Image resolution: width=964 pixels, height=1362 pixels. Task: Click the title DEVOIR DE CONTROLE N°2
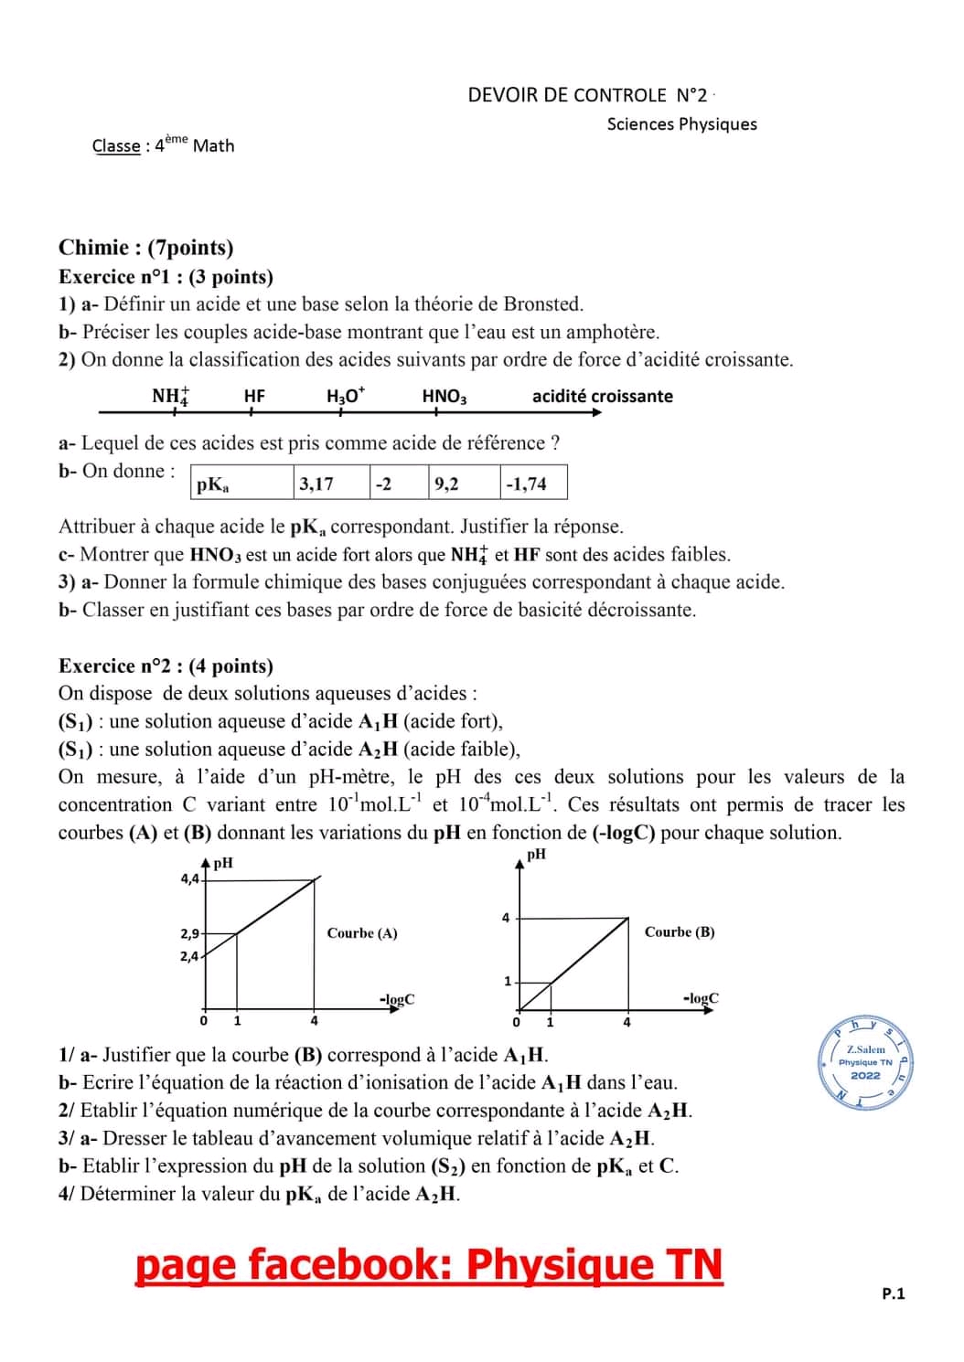(587, 95)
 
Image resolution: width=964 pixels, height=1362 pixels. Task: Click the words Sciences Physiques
(681, 124)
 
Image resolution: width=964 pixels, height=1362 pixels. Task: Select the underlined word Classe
(116, 146)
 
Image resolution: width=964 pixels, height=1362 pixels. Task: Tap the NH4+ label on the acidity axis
(170, 396)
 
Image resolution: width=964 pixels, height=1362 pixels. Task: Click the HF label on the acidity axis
(254, 396)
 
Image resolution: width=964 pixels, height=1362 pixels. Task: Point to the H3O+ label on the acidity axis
(345, 396)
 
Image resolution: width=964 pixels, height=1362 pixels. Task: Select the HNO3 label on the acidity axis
(445, 396)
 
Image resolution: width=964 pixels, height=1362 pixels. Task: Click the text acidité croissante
(602, 396)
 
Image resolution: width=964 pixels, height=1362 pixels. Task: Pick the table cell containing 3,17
(331, 484)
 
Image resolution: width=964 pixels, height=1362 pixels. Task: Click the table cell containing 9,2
(464, 484)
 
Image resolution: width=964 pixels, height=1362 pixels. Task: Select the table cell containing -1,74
(533, 484)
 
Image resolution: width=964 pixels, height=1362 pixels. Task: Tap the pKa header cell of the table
(242, 484)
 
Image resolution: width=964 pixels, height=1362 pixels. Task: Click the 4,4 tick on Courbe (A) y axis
(189, 878)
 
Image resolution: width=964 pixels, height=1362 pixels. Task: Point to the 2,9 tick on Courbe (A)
(189, 934)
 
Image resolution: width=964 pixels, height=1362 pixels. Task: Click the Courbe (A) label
(362, 933)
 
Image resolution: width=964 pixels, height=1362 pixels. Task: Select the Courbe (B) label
(680, 932)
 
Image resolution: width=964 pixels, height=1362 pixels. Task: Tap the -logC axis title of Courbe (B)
(701, 998)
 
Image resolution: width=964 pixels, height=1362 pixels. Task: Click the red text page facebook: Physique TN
(429, 1265)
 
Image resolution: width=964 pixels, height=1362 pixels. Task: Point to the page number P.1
(893, 1293)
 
